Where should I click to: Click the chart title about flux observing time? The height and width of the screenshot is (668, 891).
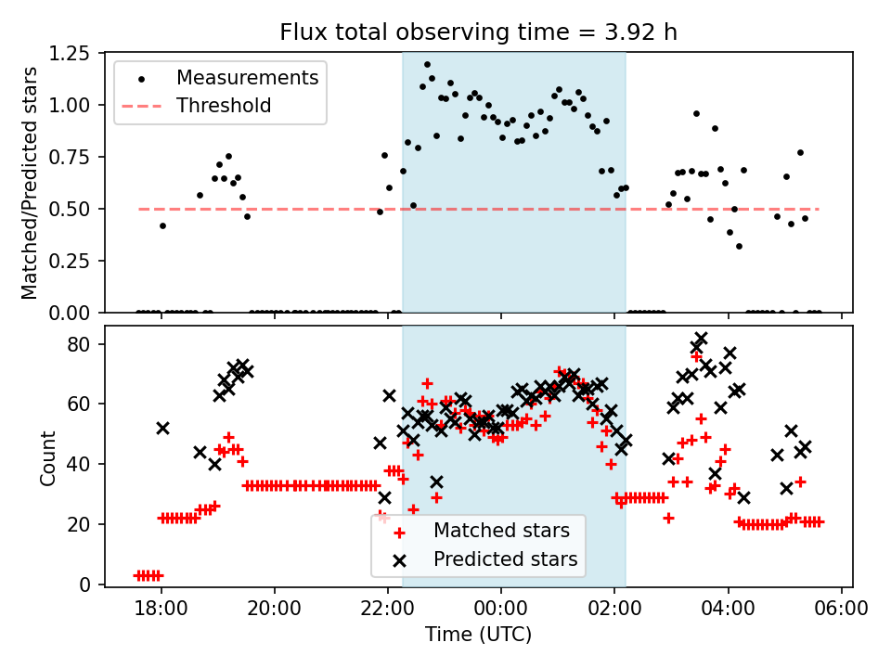pos(478,32)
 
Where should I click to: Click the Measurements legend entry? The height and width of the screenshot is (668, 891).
pos(247,77)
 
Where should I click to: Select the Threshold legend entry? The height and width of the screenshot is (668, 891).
pos(225,106)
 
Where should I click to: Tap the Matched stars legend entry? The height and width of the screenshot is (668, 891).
pos(500,532)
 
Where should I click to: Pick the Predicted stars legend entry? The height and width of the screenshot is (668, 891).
pos(505,559)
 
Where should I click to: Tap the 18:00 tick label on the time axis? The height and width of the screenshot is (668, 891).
pos(161,610)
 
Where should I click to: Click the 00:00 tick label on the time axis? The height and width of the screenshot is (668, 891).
pos(501,610)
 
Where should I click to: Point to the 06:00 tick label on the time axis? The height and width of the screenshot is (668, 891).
pos(841,610)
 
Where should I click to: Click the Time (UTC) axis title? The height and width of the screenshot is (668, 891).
pos(478,635)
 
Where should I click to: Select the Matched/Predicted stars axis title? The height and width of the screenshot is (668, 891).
pos(30,183)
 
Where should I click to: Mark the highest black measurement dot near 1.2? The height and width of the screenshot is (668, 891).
pos(427,65)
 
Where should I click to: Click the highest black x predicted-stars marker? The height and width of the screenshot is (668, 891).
pos(701,339)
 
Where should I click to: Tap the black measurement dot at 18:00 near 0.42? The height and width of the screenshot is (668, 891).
pos(162,225)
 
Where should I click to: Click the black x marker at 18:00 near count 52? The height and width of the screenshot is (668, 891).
pos(162,428)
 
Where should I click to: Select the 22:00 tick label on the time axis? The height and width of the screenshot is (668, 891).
pos(388,610)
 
